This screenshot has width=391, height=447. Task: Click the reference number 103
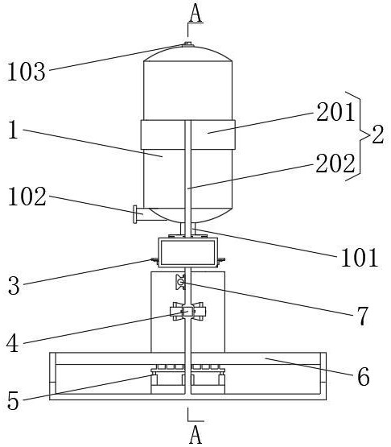[27, 72]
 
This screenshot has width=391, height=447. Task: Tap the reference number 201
[335, 112]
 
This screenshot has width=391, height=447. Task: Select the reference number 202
[335, 163]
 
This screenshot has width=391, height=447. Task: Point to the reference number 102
[27, 197]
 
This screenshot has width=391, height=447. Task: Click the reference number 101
[360, 257]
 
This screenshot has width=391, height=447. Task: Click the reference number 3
[14, 286]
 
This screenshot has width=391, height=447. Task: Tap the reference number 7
[362, 317]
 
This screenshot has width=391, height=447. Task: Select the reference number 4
[13, 343]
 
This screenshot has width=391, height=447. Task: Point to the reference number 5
[13, 400]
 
